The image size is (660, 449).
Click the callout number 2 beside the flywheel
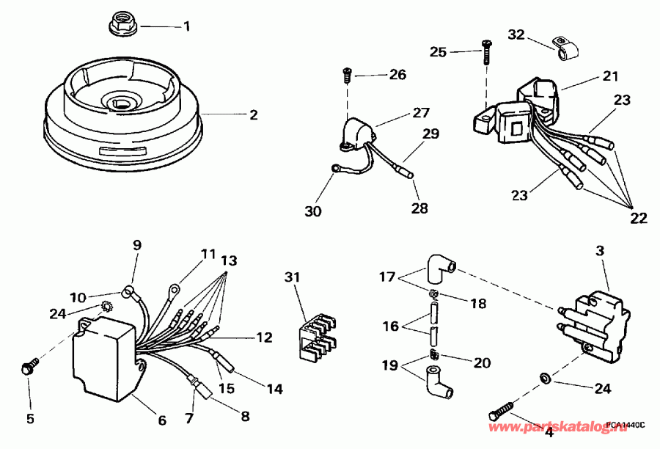pos(253,115)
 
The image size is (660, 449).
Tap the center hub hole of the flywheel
pos(121,101)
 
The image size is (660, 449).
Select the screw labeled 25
pos(486,54)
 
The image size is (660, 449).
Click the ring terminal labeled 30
pos(338,169)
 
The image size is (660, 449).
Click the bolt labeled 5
pos(28,366)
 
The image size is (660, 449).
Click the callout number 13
pos(229,261)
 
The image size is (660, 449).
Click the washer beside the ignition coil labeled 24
pos(545,377)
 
